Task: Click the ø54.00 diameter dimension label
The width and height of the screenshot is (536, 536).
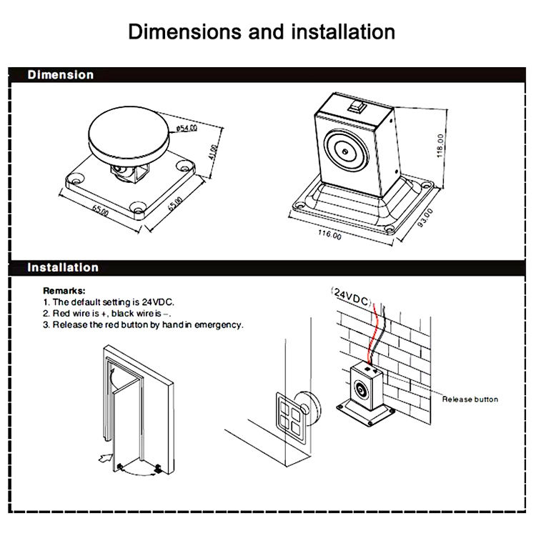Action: point(187,128)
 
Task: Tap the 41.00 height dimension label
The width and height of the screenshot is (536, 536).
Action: point(213,152)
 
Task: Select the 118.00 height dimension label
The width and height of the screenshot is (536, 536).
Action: point(440,146)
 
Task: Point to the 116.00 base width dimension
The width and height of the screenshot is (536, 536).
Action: point(329,234)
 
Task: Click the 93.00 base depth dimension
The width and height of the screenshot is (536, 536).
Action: point(425,218)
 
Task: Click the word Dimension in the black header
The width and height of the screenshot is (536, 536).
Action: point(61,75)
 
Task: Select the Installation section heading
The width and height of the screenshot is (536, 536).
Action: point(63,267)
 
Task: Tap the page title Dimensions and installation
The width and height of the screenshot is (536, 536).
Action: point(262,31)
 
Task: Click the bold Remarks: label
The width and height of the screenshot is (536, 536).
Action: point(64,291)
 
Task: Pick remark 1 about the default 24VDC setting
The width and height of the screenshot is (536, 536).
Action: point(109,302)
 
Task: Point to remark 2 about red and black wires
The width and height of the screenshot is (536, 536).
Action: point(107,314)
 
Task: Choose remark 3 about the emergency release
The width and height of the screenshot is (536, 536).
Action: point(143,324)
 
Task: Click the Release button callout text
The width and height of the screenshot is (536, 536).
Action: point(470,399)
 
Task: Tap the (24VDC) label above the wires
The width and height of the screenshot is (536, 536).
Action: point(351,297)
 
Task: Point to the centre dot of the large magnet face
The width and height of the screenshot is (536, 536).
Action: point(345,151)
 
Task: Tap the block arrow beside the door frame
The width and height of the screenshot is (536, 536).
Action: point(106,458)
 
